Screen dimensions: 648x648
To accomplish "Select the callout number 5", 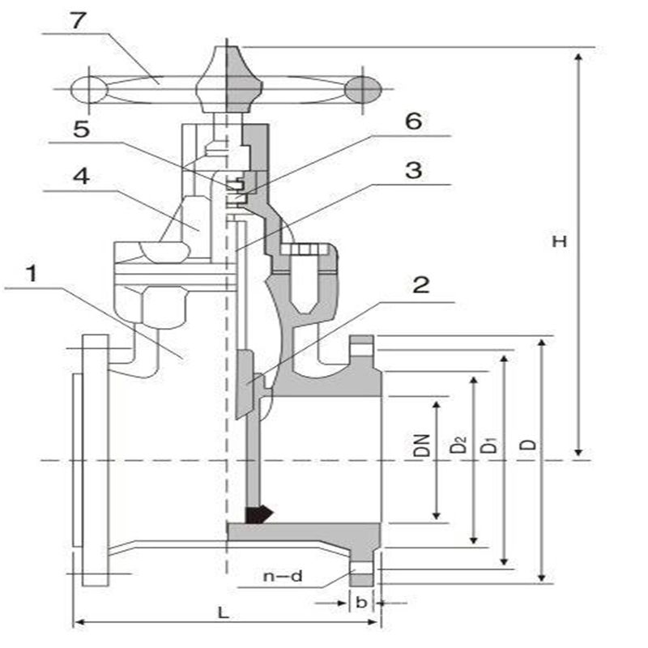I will coord(82,130).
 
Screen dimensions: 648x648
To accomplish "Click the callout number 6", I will coord(413,122).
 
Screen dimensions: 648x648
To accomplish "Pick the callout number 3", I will coord(413,171).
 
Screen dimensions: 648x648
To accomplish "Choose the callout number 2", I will coord(420,285).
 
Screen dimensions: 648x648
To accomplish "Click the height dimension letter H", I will coord(558,241).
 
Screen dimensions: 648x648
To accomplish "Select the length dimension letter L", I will coord(224,612).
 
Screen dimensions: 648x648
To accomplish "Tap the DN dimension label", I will coord(421,446).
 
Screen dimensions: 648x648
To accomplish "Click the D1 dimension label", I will coord(488,445).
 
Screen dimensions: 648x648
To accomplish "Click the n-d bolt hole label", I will coord(283,577).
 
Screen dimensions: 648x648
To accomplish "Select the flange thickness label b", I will coord(360,603).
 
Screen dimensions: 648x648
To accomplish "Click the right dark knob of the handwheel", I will coord(363,88).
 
